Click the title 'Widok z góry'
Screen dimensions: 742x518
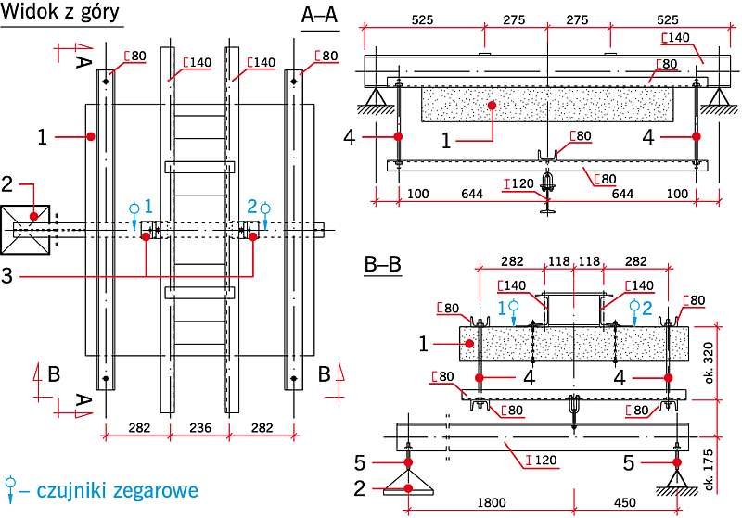pos(60,11)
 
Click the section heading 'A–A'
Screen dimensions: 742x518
pos(319,15)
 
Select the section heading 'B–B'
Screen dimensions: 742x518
pos(382,264)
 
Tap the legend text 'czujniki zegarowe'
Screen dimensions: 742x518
pos(118,490)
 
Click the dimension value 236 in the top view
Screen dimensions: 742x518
pos(200,428)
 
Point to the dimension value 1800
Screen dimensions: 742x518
pos(492,502)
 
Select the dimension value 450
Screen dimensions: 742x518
pos(624,502)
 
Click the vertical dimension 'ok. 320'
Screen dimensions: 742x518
pos(709,362)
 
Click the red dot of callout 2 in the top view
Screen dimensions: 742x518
pos(33,217)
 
